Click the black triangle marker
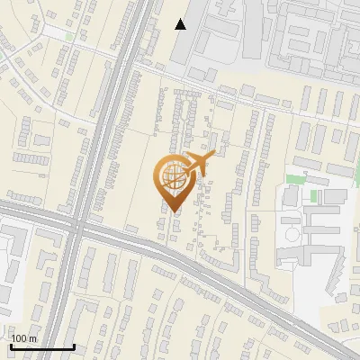[181, 24]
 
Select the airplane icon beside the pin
[198, 164]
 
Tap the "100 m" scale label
[23, 338]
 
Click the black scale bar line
[41, 346]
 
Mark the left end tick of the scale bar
[10, 345]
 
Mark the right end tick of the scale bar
[74, 345]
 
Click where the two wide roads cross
[76, 226]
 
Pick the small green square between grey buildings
[314, 195]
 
